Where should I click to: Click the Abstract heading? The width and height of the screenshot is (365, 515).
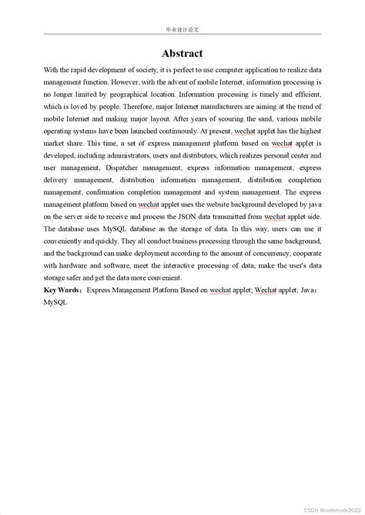tap(182, 53)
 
